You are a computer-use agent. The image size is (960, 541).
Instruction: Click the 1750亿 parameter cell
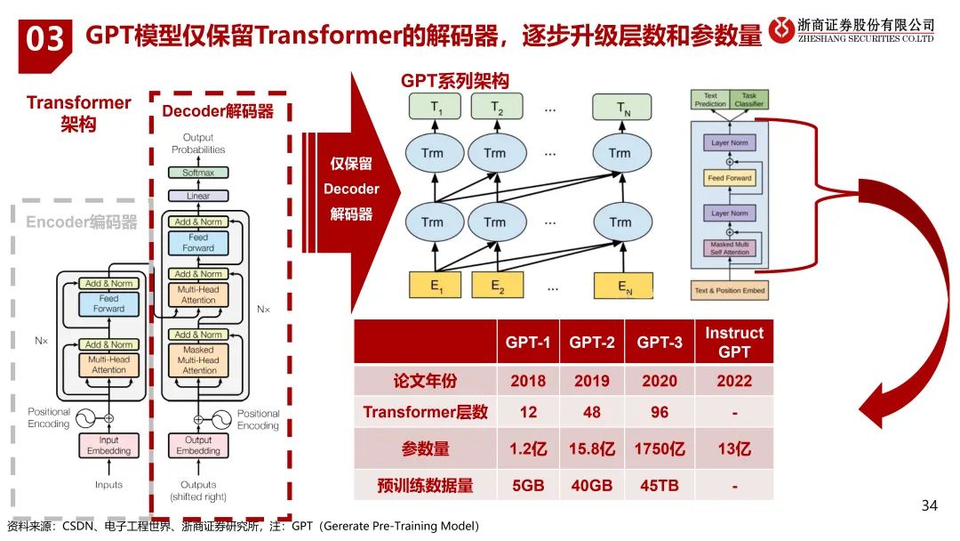click(660, 448)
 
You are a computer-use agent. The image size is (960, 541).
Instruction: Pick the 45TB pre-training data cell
click(660, 486)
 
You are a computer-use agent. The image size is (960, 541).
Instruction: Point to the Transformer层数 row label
click(425, 412)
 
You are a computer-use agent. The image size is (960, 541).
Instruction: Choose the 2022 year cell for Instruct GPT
click(734, 381)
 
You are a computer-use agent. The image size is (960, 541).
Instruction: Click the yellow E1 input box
click(433, 286)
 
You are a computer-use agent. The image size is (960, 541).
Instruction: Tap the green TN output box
click(620, 109)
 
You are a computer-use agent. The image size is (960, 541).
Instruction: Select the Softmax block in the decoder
click(198, 173)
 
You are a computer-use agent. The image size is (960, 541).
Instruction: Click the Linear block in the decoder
click(198, 196)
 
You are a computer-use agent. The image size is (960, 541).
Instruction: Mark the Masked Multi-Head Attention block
click(198, 360)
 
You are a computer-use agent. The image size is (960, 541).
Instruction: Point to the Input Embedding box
click(108, 445)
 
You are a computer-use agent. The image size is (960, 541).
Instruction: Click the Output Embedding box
click(198, 445)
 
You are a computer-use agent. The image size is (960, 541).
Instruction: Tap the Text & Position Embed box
click(729, 291)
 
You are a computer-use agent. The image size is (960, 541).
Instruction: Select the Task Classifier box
click(748, 99)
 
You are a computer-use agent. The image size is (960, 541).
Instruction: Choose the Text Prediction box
click(710, 99)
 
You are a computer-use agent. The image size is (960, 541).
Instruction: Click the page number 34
click(929, 506)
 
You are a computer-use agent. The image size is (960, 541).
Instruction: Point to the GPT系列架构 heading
click(455, 81)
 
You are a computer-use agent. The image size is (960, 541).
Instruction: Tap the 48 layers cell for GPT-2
click(591, 412)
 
